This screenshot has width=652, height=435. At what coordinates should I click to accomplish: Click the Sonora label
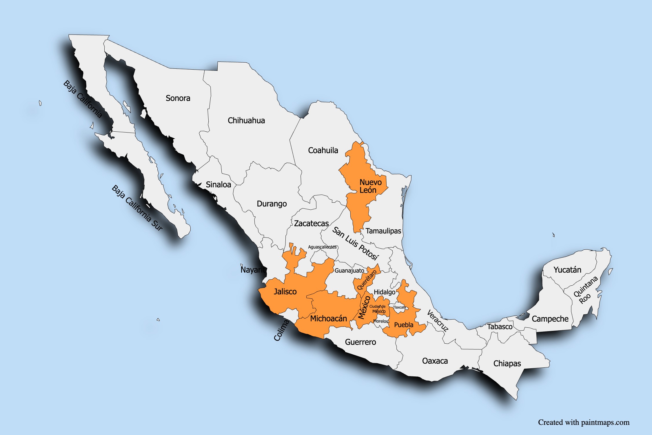coord(178,98)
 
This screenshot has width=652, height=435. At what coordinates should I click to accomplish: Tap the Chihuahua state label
coord(246,121)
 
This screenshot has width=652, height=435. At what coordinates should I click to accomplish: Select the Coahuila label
coord(323,151)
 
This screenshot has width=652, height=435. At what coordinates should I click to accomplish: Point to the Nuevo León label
coord(370,186)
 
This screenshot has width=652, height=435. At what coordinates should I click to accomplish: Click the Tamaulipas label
coord(383,231)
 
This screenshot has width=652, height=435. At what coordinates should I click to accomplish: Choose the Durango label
coord(272,204)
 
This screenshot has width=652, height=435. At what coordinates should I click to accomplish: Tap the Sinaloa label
coord(218,185)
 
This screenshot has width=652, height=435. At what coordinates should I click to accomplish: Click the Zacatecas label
coord(312,224)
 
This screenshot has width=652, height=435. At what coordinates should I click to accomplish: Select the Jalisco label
coord(285,292)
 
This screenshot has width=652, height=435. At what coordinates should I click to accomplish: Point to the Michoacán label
coord(328,319)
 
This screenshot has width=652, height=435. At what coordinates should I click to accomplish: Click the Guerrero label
coord(360,342)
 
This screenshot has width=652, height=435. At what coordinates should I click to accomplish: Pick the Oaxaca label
coord(435,361)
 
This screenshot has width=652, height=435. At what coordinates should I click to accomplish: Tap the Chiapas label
coord(507,364)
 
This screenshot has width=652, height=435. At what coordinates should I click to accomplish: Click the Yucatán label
coord(567,270)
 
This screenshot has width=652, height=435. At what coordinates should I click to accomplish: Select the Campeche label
coord(550,319)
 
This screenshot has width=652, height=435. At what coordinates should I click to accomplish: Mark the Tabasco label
coord(500,327)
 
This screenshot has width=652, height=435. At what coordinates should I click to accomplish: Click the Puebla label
coord(404,325)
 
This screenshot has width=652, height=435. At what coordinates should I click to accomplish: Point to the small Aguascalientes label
coord(322,247)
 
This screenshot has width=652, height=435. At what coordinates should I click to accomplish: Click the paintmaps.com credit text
coord(584,422)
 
